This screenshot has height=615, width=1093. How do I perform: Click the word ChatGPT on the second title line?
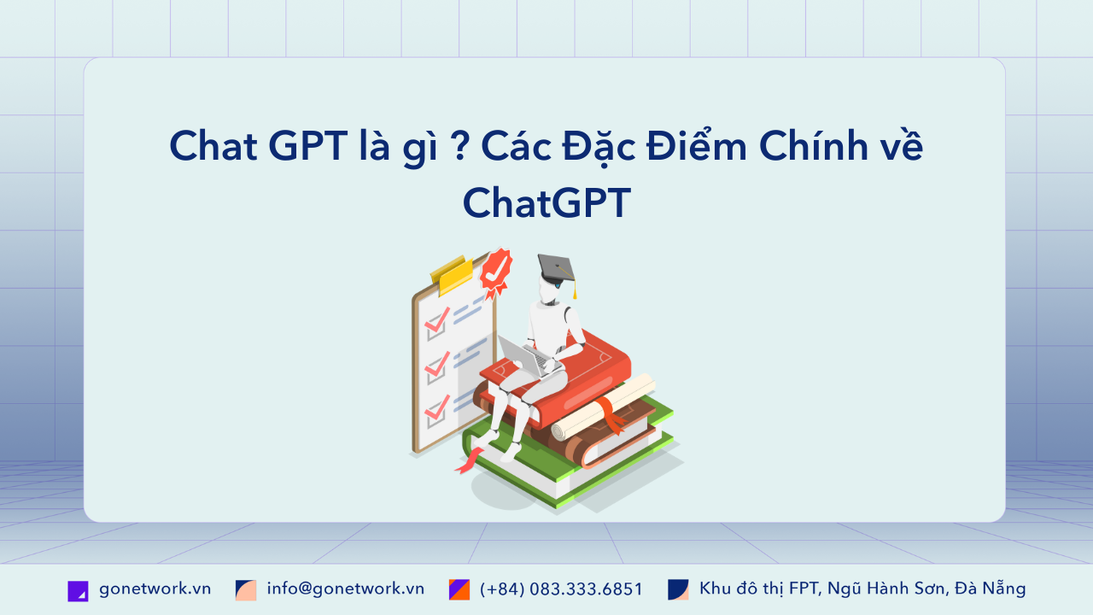[546, 203]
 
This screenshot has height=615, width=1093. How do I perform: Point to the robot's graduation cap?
[557, 268]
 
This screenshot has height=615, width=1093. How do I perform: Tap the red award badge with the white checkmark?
[495, 271]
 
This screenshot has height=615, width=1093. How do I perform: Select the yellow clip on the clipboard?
[452, 272]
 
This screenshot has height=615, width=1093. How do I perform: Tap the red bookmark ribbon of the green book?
[469, 462]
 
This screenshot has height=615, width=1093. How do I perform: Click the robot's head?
[550, 290]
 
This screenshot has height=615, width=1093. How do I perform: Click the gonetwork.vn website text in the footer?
[155, 589]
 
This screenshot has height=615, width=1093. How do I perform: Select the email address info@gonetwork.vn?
[345, 589]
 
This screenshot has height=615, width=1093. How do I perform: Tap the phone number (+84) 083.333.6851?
[561, 589]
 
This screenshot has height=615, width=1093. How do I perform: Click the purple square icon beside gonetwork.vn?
[78, 590]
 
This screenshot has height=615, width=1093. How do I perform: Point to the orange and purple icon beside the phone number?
[459, 589]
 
